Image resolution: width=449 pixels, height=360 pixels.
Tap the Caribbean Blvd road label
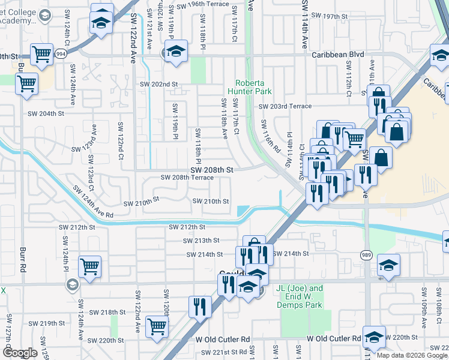click(x=338, y=54)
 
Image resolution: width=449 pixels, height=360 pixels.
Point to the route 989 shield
click(x=366, y=256)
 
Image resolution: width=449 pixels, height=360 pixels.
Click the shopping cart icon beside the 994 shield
click(x=41, y=55)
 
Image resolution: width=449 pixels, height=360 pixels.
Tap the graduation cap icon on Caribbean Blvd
click(x=177, y=52)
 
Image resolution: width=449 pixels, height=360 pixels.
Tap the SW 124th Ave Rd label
click(x=93, y=202)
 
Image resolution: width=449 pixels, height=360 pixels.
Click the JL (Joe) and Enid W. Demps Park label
click(x=300, y=296)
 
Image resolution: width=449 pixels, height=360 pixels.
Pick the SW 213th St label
click(x=201, y=241)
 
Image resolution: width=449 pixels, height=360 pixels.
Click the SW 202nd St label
click(x=159, y=85)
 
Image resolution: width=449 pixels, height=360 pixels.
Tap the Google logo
click(x=20, y=353)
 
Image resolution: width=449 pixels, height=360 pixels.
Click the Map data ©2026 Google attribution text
click(x=411, y=355)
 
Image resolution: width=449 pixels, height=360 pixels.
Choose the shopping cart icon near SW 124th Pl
click(x=89, y=266)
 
